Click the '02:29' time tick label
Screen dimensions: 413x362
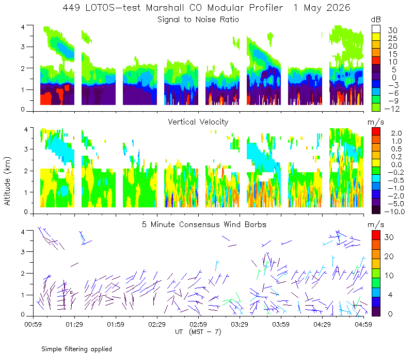[157, 324]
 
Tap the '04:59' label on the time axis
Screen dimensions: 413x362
[363, 324]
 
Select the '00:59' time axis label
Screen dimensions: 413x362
[33, 324]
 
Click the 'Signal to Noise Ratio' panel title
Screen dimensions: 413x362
[198, 20]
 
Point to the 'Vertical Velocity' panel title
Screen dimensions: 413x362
[198, 122]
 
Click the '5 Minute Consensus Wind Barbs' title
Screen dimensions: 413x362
[204, 224]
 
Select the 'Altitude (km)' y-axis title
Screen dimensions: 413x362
[7, 181]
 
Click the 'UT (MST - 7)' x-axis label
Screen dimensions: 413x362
[198, 331]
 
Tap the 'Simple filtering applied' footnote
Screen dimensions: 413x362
[76, 349]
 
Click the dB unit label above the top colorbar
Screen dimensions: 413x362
[376, 20]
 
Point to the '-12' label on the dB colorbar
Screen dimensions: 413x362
[392, 109]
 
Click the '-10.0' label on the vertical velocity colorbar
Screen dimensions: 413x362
[394, 212]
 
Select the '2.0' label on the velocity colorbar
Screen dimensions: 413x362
[396, 133]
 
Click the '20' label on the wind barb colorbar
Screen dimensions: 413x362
[389, 257]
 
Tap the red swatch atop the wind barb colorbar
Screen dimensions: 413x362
[376, 235]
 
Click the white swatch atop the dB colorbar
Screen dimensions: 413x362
[376, 29]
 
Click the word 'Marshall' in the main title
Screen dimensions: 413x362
[165, 8]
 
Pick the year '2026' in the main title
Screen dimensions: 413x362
[339, 8]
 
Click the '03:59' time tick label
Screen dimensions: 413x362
[281, 324]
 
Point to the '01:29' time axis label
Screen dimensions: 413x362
[74, 324]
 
